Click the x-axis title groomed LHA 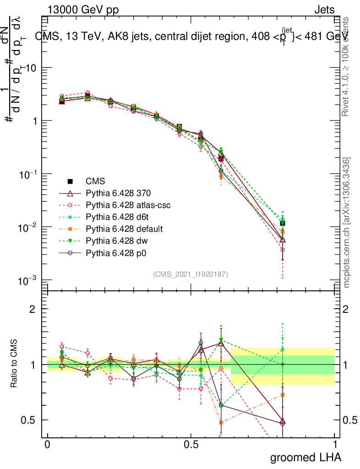[306, 458]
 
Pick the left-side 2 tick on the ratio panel [33, 309]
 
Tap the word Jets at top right [324, 10]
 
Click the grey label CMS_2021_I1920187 [191, 274]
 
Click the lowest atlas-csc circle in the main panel [283, 250]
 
